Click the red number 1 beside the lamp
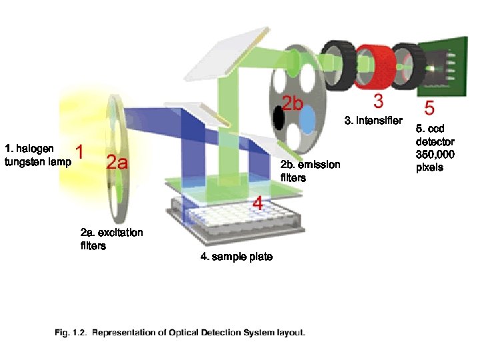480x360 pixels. coord(79,153)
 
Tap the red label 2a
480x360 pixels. coord(117,163)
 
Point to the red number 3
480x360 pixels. coord(378,102)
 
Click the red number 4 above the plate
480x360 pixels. coord(257,202)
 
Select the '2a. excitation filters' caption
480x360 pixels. coord(111,239)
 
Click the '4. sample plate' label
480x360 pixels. coord(236,257)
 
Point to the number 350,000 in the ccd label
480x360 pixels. coord(435,155)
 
